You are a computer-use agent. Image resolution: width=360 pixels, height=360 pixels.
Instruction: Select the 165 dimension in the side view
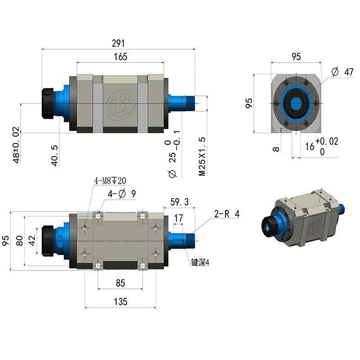pyautogui.click(x=121, y=57)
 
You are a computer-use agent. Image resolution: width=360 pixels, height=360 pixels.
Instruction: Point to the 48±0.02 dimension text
pyautogui.click(x=16, y=145)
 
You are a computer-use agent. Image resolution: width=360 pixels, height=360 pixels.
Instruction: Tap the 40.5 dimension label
pyautogui.click(x=55, y=156)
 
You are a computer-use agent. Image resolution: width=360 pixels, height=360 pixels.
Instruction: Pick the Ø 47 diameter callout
pyautogui.click(x=342, y=72)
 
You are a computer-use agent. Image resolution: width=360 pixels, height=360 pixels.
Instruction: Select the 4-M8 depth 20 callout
pyautogui.click(x=110, y=181)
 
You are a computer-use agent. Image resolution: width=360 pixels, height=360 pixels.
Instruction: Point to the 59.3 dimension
pyautogui.click(x=180, y=201)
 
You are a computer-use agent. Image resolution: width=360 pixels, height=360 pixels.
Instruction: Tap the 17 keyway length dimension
pyautogui.click(x=178, y=218)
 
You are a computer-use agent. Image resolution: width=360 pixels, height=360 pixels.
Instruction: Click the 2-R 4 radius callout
pyautogui.click(x=227, y=214)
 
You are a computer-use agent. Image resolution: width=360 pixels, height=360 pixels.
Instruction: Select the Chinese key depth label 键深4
pyautogui.click(x=201, y=263)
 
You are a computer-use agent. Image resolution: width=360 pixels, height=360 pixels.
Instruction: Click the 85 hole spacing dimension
pyautogui.click(x=120, y=283)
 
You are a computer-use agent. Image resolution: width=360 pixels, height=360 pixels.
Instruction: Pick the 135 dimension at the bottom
pyautogui.click(x=120, y=301)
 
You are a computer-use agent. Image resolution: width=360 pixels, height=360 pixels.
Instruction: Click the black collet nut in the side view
pyautogui.click(x=48, y=103)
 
